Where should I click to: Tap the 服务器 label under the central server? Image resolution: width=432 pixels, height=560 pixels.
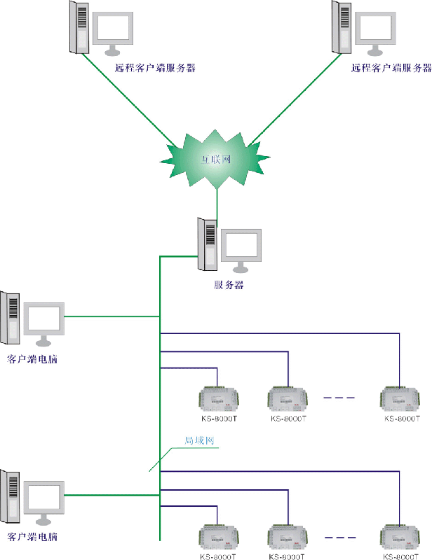pos(229,285)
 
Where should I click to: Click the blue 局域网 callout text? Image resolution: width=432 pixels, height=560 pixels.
pos(198,441)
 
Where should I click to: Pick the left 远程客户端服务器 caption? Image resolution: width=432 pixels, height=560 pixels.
pos(155,68)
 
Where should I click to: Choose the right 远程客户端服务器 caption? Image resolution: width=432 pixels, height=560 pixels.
pos(391,68)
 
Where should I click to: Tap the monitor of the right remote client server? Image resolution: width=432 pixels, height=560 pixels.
pos(377,29)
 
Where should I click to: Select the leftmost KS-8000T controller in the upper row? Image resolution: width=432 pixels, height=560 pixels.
pos(220,399)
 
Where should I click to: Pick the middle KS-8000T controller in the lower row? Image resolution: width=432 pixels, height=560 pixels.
pos(288,537)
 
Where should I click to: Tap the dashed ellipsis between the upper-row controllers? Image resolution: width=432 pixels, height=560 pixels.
pos(339,398)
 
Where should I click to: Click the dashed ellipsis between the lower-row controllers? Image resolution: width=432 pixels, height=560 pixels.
pos(339,536)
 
